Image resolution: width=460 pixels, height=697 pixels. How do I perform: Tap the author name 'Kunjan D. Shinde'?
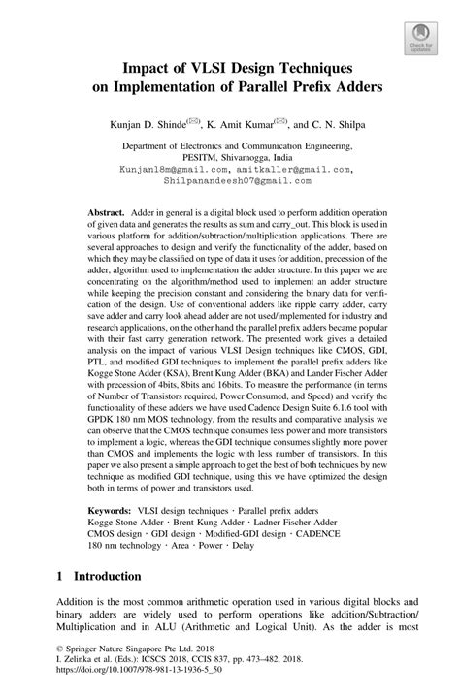(x=156, y=125)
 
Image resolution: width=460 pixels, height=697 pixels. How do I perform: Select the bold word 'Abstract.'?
(x=107, y=211)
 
